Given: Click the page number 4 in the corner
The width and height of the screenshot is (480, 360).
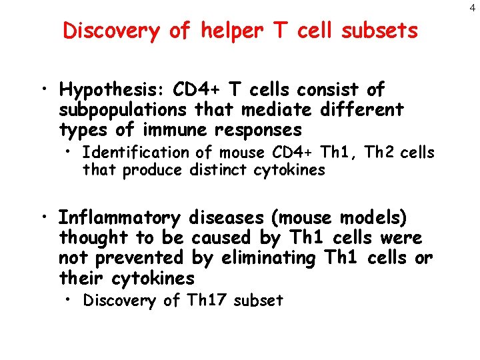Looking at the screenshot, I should pos(472,8).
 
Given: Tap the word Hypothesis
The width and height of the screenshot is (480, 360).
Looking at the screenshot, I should pos(111,89).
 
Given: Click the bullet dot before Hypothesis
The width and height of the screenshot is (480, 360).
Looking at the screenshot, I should pos(43,90).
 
